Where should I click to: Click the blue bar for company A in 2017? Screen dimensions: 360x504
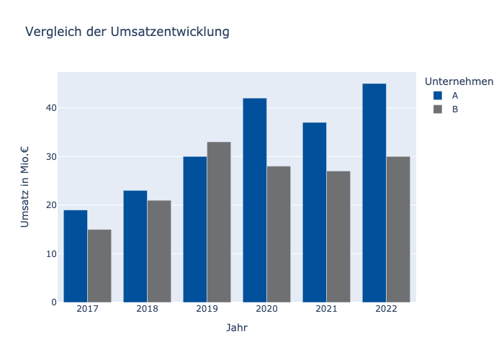[76, 256]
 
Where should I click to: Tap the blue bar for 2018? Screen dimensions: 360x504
[135, 246]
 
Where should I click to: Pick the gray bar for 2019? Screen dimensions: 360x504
[219, 222]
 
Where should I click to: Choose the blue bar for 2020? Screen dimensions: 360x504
[255, 200]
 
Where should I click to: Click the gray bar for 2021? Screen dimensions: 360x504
[338, 236]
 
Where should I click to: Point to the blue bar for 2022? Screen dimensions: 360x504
[374, 193]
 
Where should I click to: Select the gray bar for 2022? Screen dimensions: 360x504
[398, 229]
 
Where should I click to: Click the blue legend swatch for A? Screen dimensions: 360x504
[438, 95]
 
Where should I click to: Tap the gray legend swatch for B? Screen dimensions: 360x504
[438, 109]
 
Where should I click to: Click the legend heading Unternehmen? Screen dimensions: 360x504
[459, 81]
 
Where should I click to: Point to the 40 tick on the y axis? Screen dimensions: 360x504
[48, 108]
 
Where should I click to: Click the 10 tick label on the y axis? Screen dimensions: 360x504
[48, 253]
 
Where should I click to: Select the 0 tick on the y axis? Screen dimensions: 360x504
[50, 302]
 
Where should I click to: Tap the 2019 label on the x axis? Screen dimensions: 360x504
[207, 309]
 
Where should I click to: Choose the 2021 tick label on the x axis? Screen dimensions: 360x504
[326, 309]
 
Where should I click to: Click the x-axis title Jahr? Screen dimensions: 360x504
[237, 328]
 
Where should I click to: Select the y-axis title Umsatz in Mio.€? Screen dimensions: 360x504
[25, 186]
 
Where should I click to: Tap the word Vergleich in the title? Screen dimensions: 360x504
[53, 32]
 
